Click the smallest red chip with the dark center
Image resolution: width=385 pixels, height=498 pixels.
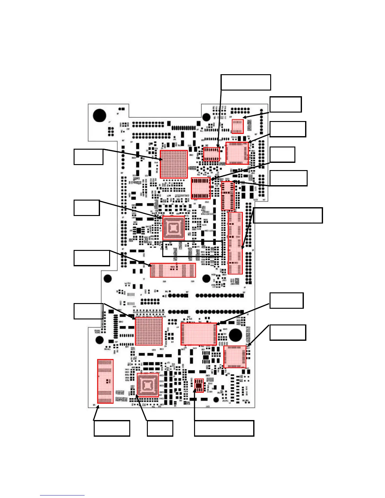point(199,385)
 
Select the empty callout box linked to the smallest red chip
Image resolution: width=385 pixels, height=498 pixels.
point(224,428)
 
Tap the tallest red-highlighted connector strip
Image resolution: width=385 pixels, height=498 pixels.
point(235,243)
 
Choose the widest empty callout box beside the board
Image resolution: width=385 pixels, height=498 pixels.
point(288,215)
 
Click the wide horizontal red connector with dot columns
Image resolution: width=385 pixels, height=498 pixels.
point(173,270)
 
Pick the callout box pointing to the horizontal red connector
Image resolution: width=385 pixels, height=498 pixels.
point(92,258)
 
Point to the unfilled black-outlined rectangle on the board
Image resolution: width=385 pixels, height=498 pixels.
point(192,249)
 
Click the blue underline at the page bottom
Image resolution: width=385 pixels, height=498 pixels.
point(62,495)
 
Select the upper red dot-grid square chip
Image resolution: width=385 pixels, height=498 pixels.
point(174,164)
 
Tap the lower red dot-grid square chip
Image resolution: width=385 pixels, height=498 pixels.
point(149,331)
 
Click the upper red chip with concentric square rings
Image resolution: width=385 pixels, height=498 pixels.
point(174,228)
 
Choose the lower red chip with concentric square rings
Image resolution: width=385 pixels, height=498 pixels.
point(148,385)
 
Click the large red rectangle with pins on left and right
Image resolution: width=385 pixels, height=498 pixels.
point(198,334)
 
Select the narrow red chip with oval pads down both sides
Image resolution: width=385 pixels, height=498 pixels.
point(228,196)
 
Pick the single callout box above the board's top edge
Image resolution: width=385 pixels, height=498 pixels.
point(246,82)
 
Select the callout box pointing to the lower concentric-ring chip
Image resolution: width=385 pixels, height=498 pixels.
point(160,428)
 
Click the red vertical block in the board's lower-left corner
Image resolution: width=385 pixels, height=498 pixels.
point(105,381)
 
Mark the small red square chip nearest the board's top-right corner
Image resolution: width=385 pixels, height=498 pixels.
point(238,126)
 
